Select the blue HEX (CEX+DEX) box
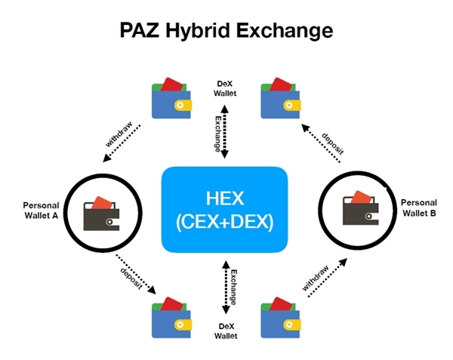coord(225,209)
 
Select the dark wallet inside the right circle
coord(355,208)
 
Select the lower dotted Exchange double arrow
coord(224,288)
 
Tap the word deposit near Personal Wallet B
coord(333,138)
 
